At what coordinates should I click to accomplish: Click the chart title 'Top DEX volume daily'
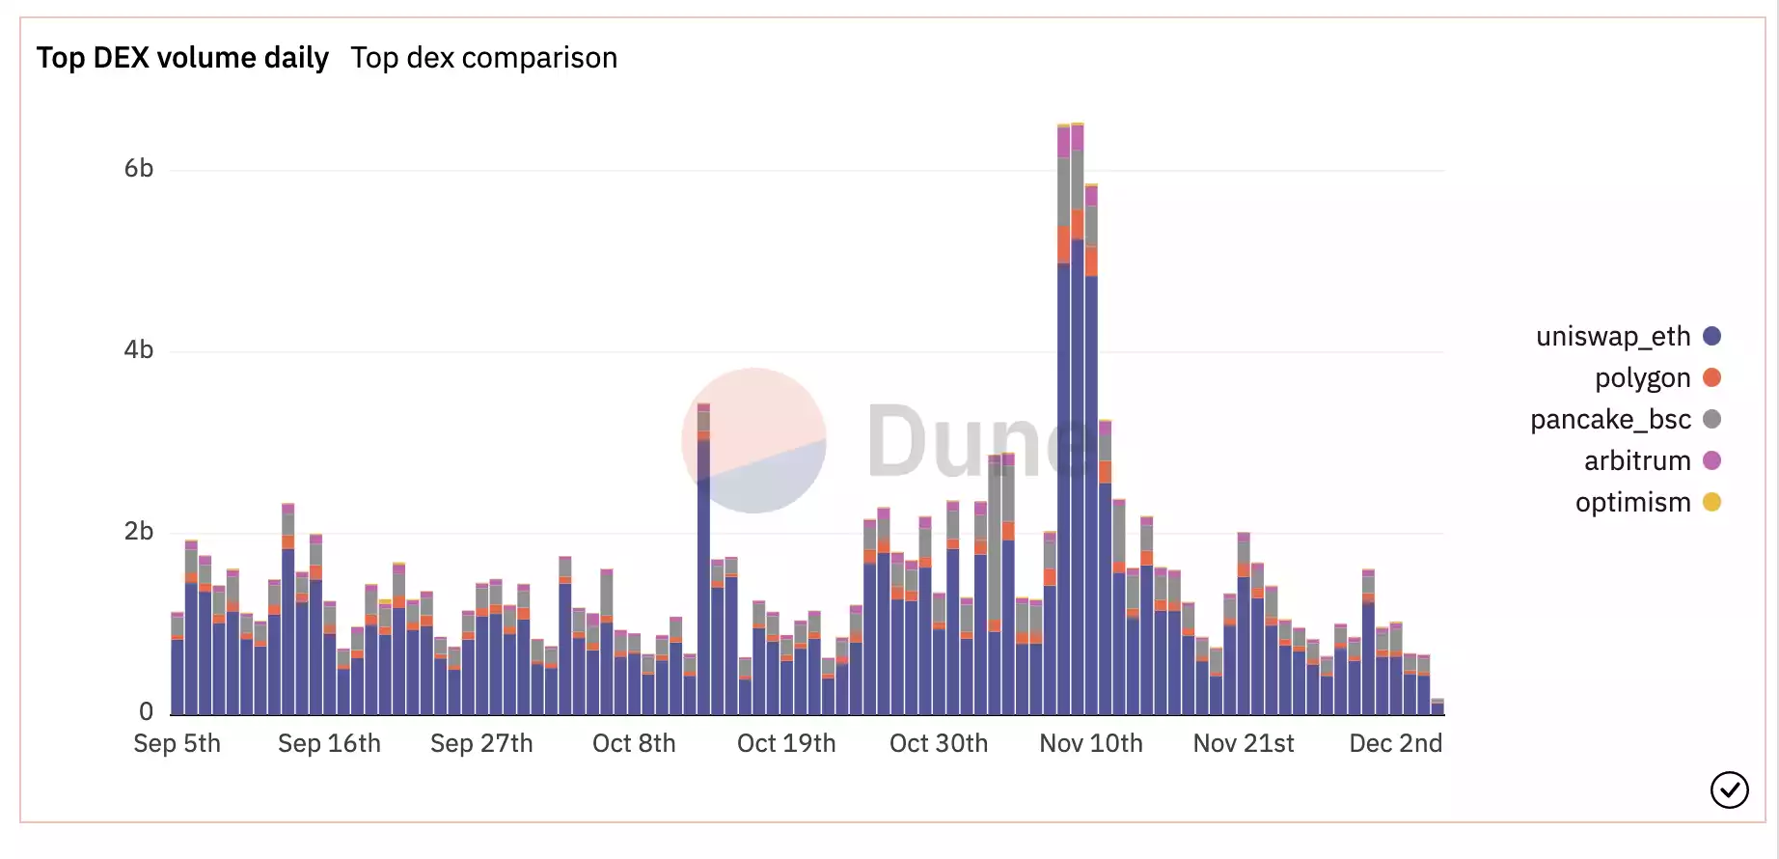click(x=182, y=58)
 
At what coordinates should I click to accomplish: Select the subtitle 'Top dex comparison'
click(x=483, y=58)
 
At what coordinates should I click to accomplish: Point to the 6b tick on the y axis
click(x=139, y=169)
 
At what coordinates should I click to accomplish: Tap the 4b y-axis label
click(x=139, y=350)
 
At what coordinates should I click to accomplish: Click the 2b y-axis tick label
click(x=139, y=532)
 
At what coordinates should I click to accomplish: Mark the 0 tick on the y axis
click(x=146, y=712)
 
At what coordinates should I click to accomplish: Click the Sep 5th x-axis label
click(x=177, y=743)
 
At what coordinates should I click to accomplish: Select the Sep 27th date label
click(x=481, y=743)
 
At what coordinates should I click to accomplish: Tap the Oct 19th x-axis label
click(x=786, y=743)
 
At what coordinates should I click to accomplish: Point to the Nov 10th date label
click(x=1091, y=743)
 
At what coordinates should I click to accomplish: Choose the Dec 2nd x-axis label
click(x=1395, y=743)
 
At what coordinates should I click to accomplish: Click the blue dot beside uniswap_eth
click(x=1712, y=336)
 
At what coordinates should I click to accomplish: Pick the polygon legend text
click(x=1642, y=377)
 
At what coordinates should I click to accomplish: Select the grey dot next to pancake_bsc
click(x=1712, y=419)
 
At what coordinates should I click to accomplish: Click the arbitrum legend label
click(x=1637, y=460)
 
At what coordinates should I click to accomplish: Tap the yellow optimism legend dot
click(x=1712, y=502)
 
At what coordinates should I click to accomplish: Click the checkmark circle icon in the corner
click(x=1729, y=790)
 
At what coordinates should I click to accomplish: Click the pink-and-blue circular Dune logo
click(x=753, y=440)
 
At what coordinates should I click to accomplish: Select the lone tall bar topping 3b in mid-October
click(x=703, y=560)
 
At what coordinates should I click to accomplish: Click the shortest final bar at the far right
click(x=1437, y=707)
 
